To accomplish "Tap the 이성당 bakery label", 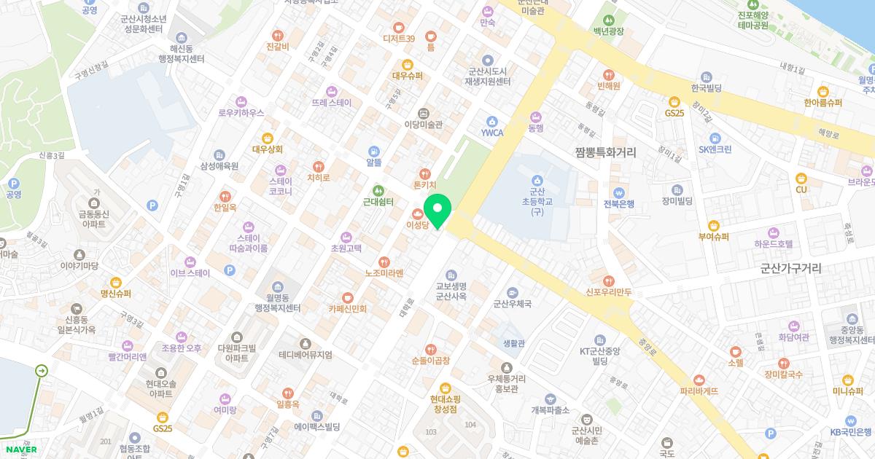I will (419, 226).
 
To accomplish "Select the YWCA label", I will (492, 133).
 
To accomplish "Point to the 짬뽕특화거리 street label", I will (605, 153).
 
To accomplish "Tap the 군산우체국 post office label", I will (513, 305).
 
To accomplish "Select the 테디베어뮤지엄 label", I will (305, 355).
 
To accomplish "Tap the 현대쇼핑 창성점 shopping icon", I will (445, 387).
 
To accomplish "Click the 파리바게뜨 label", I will (699, 391).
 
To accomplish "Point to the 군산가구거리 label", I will (790, 268).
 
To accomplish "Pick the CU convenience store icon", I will (801, 177).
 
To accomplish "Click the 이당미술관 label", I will (424, 125).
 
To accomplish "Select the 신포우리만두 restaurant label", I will (608, 292).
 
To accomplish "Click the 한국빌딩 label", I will (706, 88).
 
